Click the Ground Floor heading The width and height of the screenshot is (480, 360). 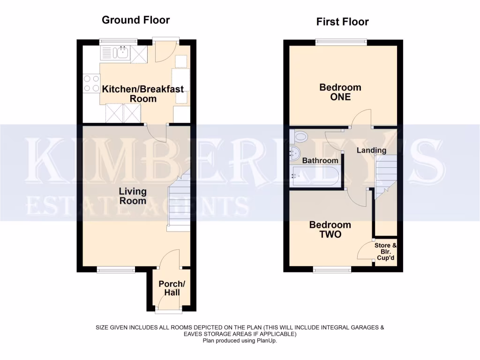click(135, 20)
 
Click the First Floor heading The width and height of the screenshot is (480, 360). click(342, 22)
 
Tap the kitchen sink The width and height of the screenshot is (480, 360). click(121, 54)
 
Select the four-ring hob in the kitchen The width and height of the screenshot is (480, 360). click(91, 83)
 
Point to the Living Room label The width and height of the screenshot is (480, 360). click(133, 196)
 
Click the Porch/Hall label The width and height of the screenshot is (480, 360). click(169, 288)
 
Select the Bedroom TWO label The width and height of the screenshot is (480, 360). click(330, 230)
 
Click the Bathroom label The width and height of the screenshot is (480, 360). click(320, 161)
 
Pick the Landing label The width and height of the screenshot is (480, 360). click(371, 150)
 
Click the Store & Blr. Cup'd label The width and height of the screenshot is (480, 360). click(386, 252)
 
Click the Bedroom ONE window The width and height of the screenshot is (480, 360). click(341, 42)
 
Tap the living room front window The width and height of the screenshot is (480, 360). click(116, 269)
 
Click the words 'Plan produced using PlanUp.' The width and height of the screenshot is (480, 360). click(240, 341)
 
